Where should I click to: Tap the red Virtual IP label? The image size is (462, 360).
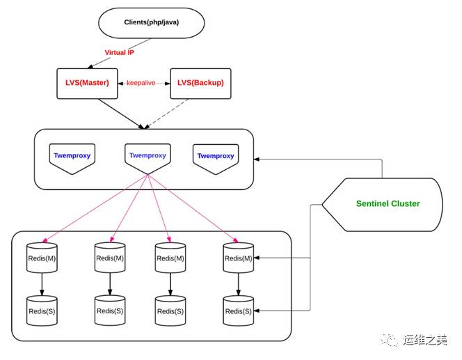click(x=120, y=53)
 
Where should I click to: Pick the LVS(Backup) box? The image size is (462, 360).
click(x=200, y=83)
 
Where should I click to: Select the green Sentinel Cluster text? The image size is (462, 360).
click(x=388, y=204)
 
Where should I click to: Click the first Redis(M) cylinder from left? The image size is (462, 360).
click(x=42, y=258)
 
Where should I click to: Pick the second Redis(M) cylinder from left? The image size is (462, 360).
click(x=109, y=258)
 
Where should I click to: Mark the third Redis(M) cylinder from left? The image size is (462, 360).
click(x=170, y=258)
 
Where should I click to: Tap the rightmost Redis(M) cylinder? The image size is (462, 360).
click(x=238, y=258)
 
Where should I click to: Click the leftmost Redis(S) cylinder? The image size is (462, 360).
click(x=42, y=310)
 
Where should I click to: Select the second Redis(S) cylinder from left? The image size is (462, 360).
click(x=109, y=310)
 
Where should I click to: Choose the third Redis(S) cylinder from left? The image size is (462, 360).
click(x=170, y=310)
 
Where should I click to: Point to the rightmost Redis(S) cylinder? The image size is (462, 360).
click(x=238, y=310)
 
